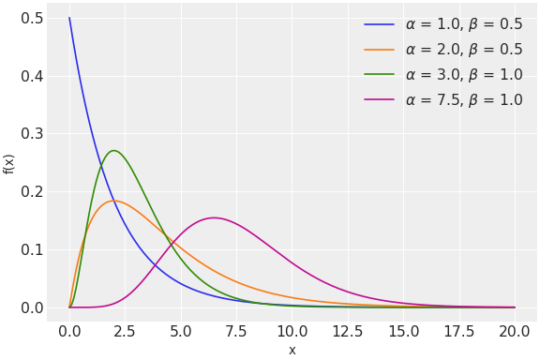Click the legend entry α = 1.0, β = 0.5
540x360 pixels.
(464, 24)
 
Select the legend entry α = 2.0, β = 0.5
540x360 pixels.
(464, 50)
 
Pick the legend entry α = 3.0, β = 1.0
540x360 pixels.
(464, 75)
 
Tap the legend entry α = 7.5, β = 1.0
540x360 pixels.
(464, 100)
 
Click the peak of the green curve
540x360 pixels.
(113, 150)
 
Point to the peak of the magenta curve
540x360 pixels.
(214, 217)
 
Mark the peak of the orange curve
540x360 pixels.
(113, 201)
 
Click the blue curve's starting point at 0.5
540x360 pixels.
(69, 18)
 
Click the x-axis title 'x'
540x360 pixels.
(292, 350)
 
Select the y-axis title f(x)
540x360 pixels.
(9, 163)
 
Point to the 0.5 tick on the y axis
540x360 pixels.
(32, 19)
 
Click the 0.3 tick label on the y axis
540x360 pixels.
(32, 134)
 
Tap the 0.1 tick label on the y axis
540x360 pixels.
(32, 249)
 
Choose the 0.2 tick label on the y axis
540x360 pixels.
(32, 192)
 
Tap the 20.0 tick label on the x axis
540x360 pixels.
(514, 331)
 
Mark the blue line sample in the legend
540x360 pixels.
(379, 24)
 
